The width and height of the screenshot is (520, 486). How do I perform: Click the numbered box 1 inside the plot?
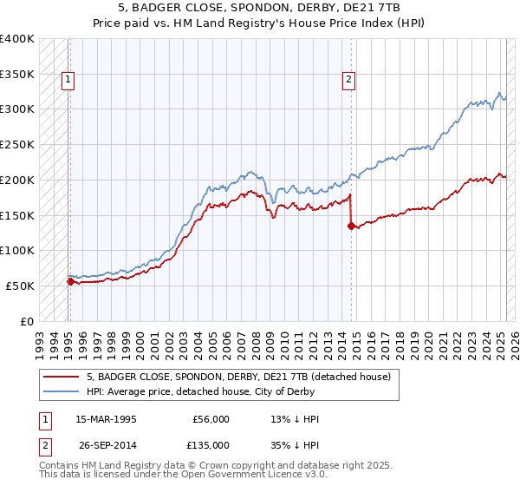(68, 80)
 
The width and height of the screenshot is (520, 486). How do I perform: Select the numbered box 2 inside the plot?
(348, 80)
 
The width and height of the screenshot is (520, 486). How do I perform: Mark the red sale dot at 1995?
(70, 281)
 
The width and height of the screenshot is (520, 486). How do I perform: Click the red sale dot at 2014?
(351, 226)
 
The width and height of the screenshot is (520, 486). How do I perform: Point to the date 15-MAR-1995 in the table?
(106, 419)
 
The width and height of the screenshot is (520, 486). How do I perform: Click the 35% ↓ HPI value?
(296, 444)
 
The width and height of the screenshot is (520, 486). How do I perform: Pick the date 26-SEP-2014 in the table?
(106, 444)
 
